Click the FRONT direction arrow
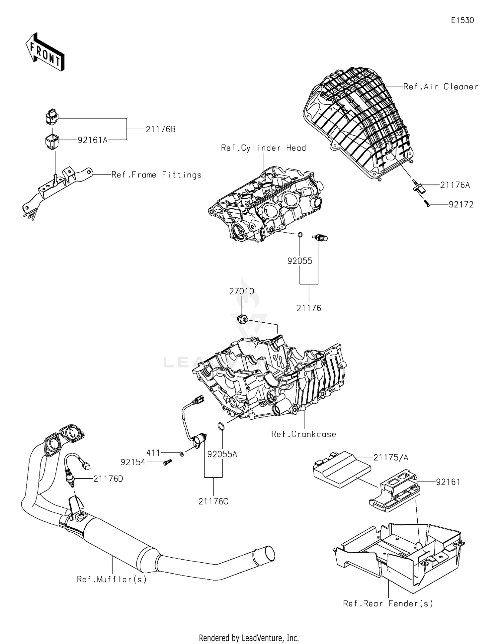pyautogui.click(x=44, y=52)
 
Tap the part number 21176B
pyautogui.click(x=160, y=129)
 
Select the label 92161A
pyautogui.click(x=93, y=140)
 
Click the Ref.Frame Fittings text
pyautogui.click(x=156, y=175)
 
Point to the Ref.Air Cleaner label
pyautogui.click(x=441, y=87)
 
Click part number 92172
pyautogui.click(x=461, y=205)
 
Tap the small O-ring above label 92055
pyautogui.click(x=300, y=235)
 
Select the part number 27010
pyautogui.click(x=242, y=291)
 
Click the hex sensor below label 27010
pyautogui.click(x=242, y=319)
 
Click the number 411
pyautogui.click(x=153, y=453)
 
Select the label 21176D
pyautogui.click(x=108, y=479)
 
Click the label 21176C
pyautogui.click(x=213, y=501)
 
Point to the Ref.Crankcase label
pyautogui.click(x=303, y=434)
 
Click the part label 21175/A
pyautogui.click(x=391, y=458)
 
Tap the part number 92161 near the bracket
pyautogui.click(x=448, y=482)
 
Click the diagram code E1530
pyautogui.click(x=462, y=20)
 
